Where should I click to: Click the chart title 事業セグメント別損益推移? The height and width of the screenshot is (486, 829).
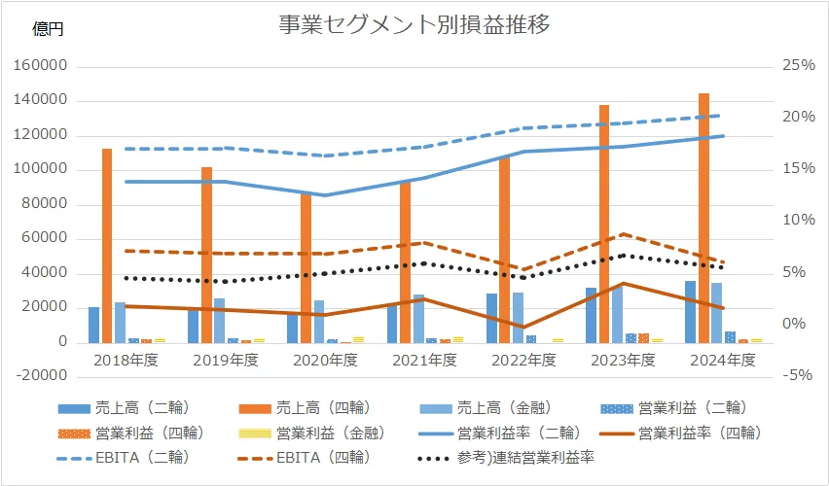(x=414, y=26)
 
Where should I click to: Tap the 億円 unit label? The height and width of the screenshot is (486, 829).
(x=48, y=30)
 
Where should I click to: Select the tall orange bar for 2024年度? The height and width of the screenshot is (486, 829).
(x=703, y=219)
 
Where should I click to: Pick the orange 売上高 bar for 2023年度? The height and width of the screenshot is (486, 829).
(x=604, y=224)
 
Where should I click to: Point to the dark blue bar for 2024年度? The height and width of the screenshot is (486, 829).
(x=690, y=312)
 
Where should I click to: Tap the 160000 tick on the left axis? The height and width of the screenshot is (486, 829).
(x=41, y=66)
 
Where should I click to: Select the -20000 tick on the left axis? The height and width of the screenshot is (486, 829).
(x=41, y=377)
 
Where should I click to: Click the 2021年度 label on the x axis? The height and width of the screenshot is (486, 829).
(x=424, y=360)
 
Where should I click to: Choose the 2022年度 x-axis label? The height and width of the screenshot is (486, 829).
(x=523, y=360)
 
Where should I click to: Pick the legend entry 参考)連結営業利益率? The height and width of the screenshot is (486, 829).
(x=533, y=456)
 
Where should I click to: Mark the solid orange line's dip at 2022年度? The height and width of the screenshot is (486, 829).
(x=523, y=328)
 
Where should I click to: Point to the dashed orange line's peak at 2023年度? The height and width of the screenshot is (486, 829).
(x=624, y=234)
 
